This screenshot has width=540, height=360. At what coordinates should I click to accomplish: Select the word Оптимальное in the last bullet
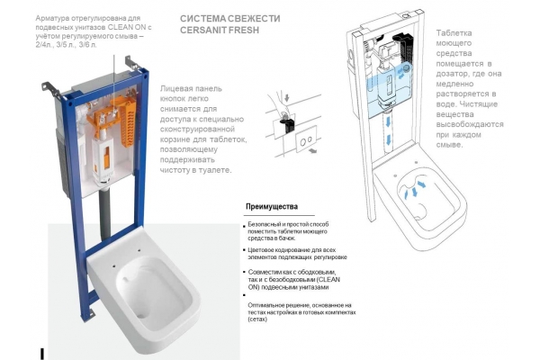[272, 306]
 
